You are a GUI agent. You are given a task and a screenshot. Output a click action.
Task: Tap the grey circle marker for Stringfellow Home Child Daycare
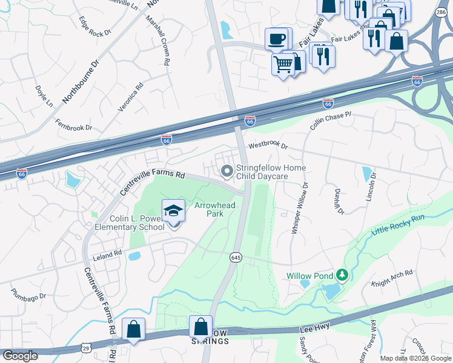pos(227,172)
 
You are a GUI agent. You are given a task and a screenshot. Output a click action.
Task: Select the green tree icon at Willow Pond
pos(342,276)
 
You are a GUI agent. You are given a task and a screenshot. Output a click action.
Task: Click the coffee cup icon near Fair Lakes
pos(277,39)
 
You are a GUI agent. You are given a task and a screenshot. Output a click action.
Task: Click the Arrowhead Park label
pos(214,209)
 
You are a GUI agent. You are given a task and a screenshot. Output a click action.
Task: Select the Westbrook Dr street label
pos(268,146)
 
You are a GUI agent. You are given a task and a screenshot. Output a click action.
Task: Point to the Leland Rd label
pos(107,256)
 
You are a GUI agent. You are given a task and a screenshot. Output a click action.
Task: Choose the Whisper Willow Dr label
pos(300,209)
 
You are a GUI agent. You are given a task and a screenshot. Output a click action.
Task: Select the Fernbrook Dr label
pos(73,128)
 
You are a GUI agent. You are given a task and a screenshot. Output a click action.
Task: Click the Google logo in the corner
pos(20,355)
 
